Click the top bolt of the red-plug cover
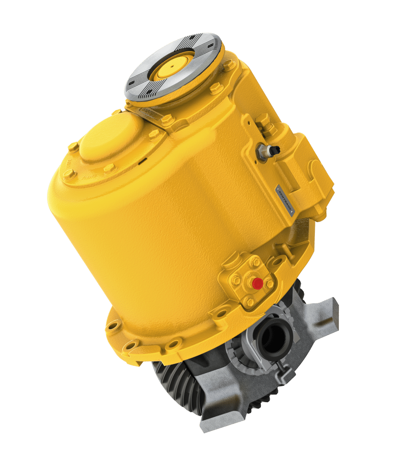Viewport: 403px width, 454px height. pos(255,262)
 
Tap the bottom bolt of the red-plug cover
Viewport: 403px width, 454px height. pos(250,302)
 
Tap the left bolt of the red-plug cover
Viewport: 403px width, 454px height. pos(236,280)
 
